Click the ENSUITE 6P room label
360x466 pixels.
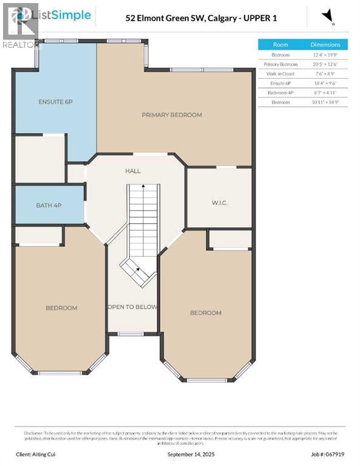coord(55,101)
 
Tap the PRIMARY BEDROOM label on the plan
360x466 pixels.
coord(172,115)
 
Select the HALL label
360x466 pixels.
coord(133,171)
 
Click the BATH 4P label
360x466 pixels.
coord(49,205)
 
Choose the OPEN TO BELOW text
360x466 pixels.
coord(132,307)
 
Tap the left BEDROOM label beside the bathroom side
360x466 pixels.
coord(61,308)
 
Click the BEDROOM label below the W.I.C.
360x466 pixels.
coord(205,312)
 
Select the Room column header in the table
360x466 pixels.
coord(280,44)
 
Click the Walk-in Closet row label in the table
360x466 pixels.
coord(280,73)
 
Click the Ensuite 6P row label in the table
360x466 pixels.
coord(280,83)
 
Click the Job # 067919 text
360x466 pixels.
coord(328,453)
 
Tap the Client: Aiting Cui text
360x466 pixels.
coord(39,453)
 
